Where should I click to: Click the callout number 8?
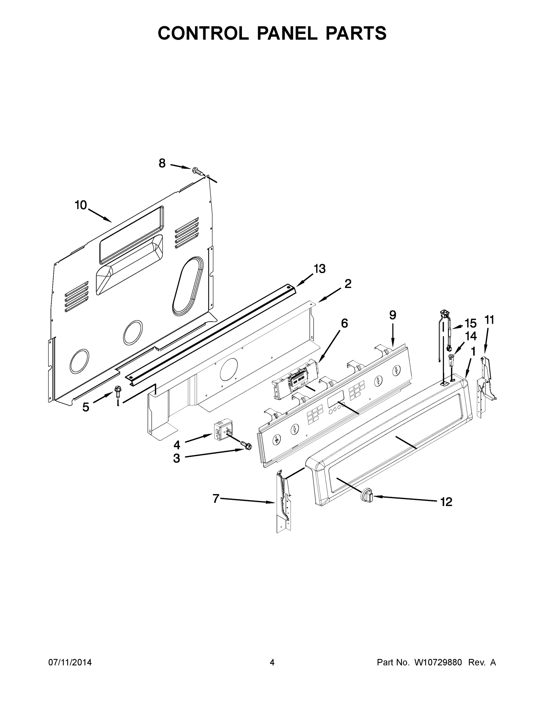(162, 163)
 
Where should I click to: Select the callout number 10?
(81, 205)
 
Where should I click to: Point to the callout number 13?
(320, 268)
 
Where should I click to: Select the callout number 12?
(446, 502)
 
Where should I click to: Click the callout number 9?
(393, 315)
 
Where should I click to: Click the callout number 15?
(470, 323)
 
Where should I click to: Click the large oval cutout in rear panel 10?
(188, 286)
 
